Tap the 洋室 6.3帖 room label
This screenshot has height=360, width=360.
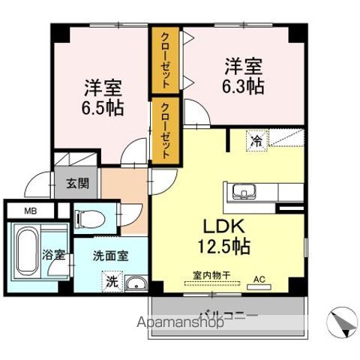242,76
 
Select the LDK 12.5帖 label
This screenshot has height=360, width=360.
224,235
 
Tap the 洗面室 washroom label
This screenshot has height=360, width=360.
111,254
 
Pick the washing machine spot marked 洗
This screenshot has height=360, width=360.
110,282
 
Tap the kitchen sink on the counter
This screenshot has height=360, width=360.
242,190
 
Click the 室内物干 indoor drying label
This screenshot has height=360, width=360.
211,276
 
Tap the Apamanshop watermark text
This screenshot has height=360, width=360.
177,324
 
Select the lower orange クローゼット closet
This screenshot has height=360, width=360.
165,131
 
